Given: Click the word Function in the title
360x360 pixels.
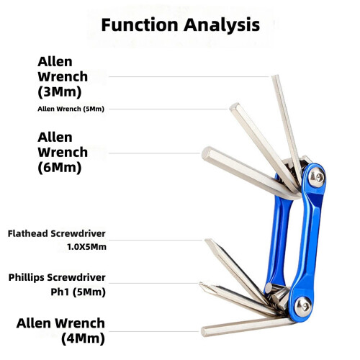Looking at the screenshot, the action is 140,24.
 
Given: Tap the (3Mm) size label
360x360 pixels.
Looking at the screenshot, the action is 60,92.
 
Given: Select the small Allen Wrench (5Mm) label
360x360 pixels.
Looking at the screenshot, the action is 71,109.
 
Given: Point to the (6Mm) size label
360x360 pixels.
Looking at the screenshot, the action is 60,167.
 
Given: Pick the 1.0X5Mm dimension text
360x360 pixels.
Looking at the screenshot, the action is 86,247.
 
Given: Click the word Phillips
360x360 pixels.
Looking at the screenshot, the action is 27,278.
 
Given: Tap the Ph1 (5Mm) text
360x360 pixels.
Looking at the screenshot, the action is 78,292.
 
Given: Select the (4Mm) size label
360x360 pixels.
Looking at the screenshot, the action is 83,338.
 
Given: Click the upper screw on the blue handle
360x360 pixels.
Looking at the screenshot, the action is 316,177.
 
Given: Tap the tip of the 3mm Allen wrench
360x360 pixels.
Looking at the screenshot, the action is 275,76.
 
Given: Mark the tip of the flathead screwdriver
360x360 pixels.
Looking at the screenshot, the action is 208,240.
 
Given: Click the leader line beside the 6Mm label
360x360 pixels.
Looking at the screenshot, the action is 154,153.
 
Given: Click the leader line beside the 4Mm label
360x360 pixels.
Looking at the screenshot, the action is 154,332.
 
